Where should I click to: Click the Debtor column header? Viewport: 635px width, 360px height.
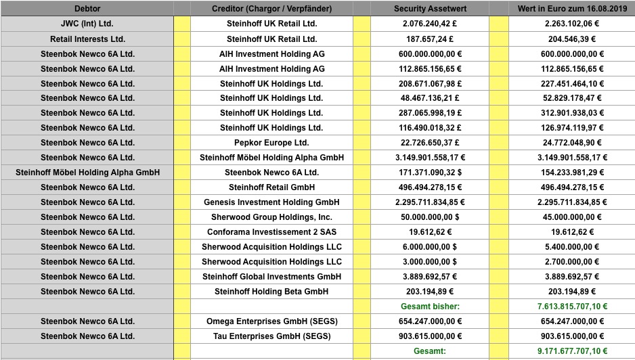pyautogui.click(x=87, y=9)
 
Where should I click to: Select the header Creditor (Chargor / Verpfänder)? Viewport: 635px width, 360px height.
pyautogui.click(x=271, y=9)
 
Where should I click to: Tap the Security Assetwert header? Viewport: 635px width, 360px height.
pyautogui.click(x=430, y=9)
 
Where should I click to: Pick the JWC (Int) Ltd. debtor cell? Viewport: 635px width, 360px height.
pyautogui.click(x=87, y=24)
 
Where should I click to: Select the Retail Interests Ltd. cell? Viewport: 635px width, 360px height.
pyautogui.click(x=87, y=39)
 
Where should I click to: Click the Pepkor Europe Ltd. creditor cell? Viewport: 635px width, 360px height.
pyautogui.click(x=271, y=143)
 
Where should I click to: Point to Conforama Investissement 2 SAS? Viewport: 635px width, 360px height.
pyautogui.click(x=271, y=232)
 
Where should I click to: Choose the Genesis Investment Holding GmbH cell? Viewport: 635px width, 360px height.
pyautogui.click(x=271, y=202)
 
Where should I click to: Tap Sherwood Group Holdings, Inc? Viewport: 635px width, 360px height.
pyautogui.click(x=271, y=217)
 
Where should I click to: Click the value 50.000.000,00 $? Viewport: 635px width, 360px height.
pyautogui.click(x=430, y=217)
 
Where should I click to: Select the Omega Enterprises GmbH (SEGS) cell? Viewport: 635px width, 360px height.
pyautogui.click(x=271, y=321)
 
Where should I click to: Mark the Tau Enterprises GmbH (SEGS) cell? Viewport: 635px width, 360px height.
pyautogui.click(x=271, y=336)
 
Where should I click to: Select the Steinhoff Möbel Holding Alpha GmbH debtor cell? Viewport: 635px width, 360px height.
pyautogui.click(x=87, y=173)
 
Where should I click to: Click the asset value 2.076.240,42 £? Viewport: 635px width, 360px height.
pyautogui.click(x=430, y=24)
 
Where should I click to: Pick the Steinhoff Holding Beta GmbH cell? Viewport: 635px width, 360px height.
pyautogui.click(x=271, y=292)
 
